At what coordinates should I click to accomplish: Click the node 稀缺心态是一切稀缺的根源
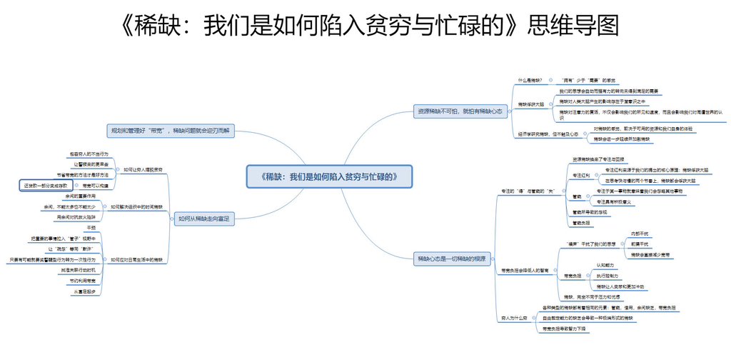tap(453, 259)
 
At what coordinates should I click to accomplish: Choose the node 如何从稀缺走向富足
tap(203, 219)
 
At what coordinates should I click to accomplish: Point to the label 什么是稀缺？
tap(530, 80)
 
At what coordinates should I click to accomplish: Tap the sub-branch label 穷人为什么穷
tap(515, 316)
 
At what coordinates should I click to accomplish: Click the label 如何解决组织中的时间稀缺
tap(136, 206)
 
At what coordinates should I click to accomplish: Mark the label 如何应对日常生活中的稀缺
tap(136, 260)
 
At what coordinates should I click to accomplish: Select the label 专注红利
tap(580, 175)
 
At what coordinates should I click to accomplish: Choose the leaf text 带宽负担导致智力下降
tap(565, 328)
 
